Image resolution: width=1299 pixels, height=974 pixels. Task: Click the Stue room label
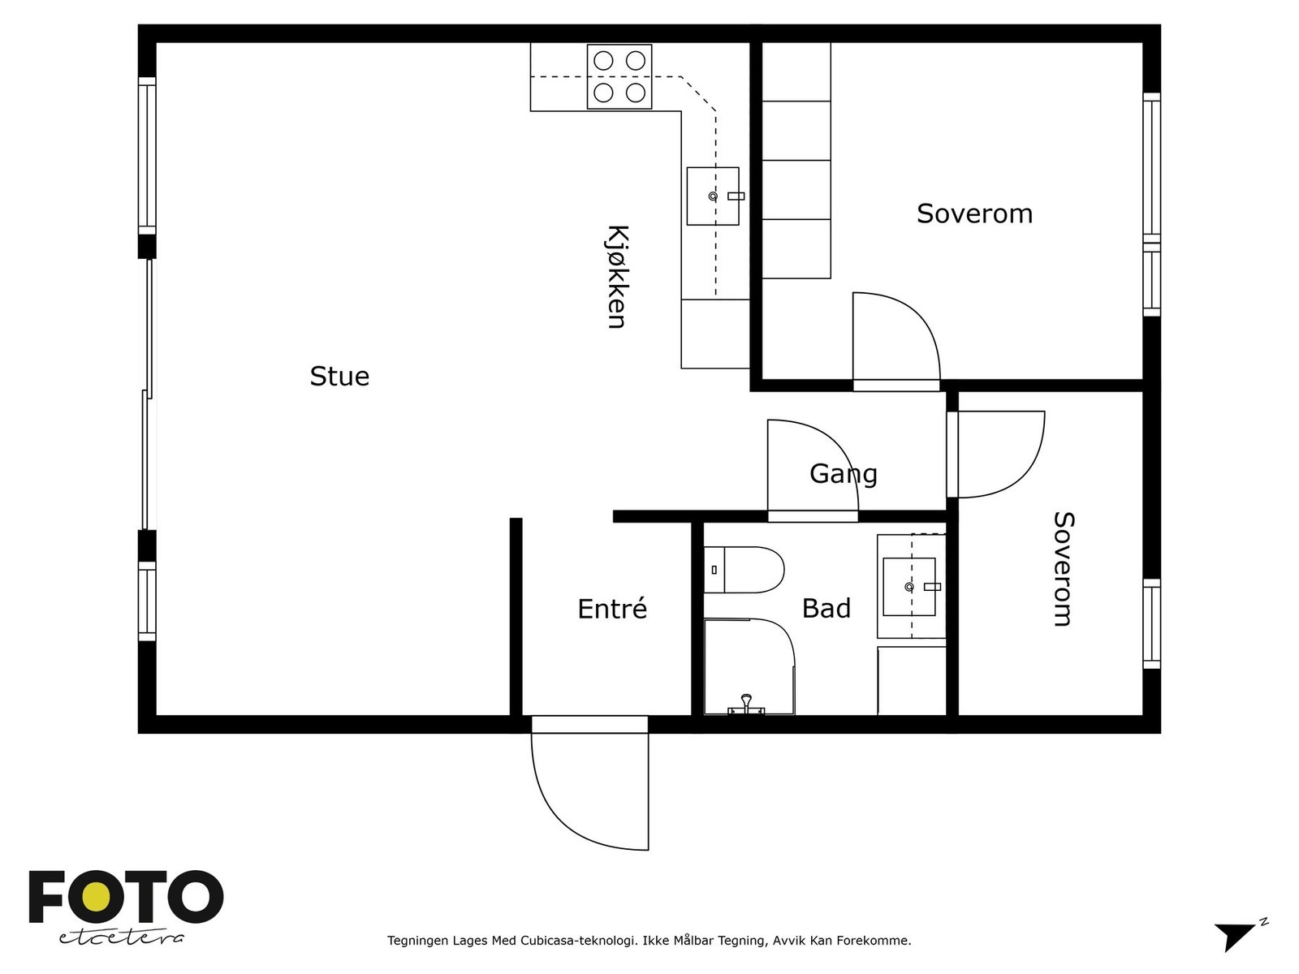pyautogui.click(x=339, y=377)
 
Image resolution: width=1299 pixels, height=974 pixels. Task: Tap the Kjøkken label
pyautogui.click(x=617, y=277)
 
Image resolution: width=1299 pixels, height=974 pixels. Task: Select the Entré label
pyautogui.click(x=612, y=609)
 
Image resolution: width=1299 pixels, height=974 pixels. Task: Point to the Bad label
pyautogui.click(x=826, y=609)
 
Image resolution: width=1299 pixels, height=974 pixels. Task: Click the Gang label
pyautogui.click(x=844, y=474)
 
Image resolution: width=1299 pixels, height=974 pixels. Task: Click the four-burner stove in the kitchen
pyautogui.click(x=619, y=77)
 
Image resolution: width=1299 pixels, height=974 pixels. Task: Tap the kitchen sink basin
pyautogui.click(x=713, y=196)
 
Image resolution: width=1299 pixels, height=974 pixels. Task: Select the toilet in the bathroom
pyautogui.click(x=744, y=570)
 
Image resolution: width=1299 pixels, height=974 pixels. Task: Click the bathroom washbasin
pyautogui.click(x=909, y=587)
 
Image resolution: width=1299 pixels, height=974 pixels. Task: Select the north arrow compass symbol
pyautogui.click(x=1239, y=936)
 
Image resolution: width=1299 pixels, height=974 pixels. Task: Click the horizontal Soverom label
pyautogui.click(x=974, y=213)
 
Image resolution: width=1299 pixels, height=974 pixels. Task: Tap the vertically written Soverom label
pyautogui.click(x=1064, y=569)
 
